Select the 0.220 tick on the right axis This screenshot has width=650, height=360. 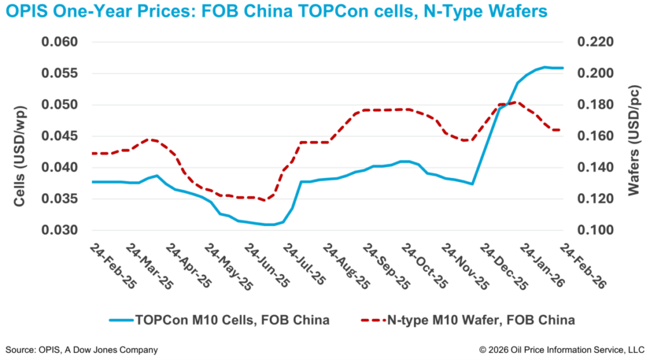coord(595,43)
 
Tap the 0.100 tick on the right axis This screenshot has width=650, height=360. coord(595,230)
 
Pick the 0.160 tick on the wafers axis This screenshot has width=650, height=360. coord(595,137)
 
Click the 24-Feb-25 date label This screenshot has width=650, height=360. coord(114,266)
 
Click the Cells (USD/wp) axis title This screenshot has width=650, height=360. coord(20,137)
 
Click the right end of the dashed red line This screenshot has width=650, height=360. coord(560,130)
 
